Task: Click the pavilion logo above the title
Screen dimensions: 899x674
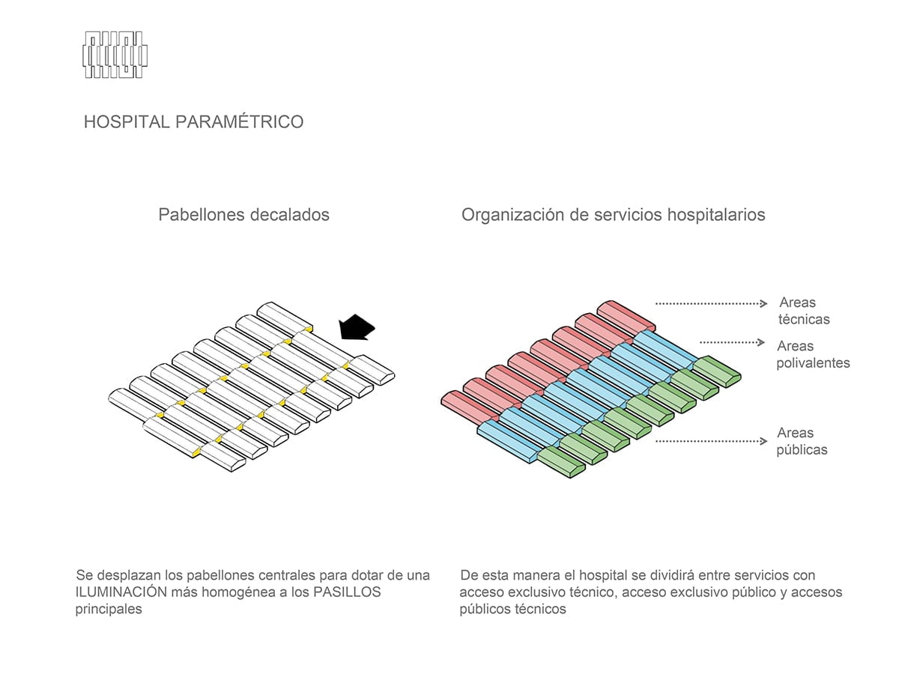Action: pos(115,55)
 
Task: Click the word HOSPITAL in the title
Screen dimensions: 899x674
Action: pos(127,122)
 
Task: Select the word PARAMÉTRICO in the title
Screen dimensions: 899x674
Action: pos(240,121)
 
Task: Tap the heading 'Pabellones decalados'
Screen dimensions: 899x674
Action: pos(243,215)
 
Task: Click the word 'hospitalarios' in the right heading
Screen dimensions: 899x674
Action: pos(716,215)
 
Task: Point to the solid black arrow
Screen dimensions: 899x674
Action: pos(357,327)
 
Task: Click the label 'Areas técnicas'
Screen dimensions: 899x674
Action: pos(804,311)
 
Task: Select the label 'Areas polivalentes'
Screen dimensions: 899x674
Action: pos(813,354)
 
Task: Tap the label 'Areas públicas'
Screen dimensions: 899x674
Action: pos(802,441)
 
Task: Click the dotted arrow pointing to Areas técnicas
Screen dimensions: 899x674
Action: pos(711,303)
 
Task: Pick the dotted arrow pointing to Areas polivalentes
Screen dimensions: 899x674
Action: pos(732,342)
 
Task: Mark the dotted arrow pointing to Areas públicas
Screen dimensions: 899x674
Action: pos(711,441)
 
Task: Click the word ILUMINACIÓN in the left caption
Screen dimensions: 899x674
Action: pos(121,592)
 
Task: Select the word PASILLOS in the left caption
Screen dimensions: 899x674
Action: pos(347,592)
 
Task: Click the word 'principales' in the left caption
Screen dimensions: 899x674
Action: pos(109,610)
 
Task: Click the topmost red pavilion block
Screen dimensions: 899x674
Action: pos(626,317)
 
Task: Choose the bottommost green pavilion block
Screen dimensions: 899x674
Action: pos(560,462)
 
